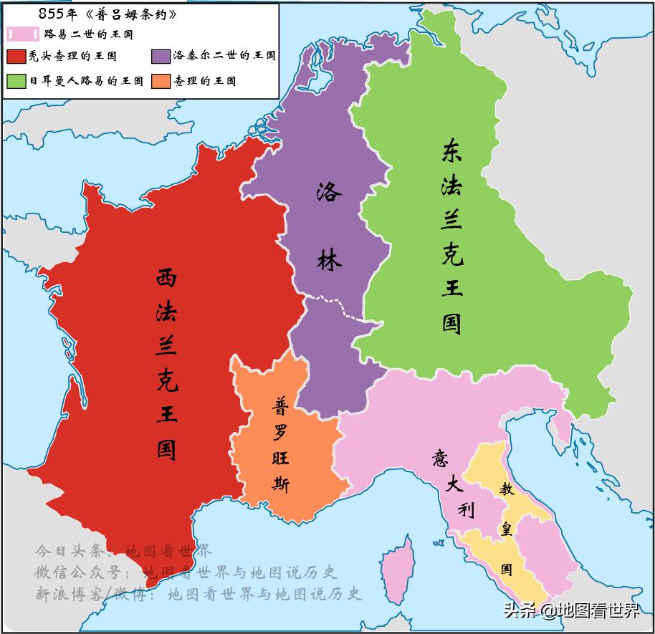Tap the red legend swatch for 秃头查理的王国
16,56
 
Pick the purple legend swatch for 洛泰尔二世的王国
161,56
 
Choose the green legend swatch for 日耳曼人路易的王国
16,80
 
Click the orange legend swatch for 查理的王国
161,80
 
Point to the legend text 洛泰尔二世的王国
224,56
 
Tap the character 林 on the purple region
329,259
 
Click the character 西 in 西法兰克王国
166,279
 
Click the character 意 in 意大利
440,458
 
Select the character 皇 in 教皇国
506,532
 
